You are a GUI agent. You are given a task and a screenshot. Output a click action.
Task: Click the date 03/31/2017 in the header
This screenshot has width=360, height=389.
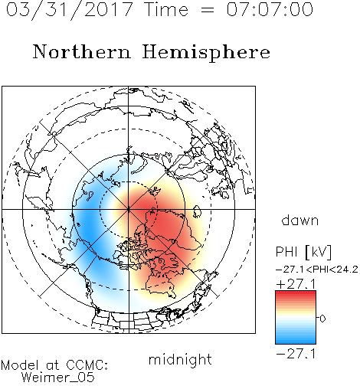70,9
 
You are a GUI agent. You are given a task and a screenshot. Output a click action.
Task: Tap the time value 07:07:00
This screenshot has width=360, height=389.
270,9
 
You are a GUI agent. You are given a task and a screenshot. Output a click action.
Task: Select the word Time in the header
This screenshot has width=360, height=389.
166,9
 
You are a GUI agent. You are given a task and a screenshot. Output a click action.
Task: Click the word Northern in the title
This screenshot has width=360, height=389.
82,51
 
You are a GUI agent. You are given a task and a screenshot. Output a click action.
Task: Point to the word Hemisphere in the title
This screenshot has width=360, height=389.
206,53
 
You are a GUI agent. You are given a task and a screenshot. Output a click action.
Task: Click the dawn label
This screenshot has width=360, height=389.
300,220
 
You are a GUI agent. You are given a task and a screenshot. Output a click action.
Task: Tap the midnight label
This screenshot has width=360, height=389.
180,359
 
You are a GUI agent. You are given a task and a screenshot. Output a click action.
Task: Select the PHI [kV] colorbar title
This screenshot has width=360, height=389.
303,252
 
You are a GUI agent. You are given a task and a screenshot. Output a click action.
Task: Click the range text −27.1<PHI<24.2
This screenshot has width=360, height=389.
317,270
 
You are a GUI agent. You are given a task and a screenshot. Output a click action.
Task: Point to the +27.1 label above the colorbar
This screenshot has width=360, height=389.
296,284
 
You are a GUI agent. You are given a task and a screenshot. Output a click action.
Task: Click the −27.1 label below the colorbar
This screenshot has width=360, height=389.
296,354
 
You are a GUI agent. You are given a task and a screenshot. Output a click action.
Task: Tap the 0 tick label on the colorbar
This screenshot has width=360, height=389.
322,319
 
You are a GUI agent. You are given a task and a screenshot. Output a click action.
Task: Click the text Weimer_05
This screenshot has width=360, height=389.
58,378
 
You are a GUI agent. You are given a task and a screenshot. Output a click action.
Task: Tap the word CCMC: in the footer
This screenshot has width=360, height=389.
87,365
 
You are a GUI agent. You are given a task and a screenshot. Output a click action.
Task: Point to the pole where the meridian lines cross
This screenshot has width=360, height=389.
129,209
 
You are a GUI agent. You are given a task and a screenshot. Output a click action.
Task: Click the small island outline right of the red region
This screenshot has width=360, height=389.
197,211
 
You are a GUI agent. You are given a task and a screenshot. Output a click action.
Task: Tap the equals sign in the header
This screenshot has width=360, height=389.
207,10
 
